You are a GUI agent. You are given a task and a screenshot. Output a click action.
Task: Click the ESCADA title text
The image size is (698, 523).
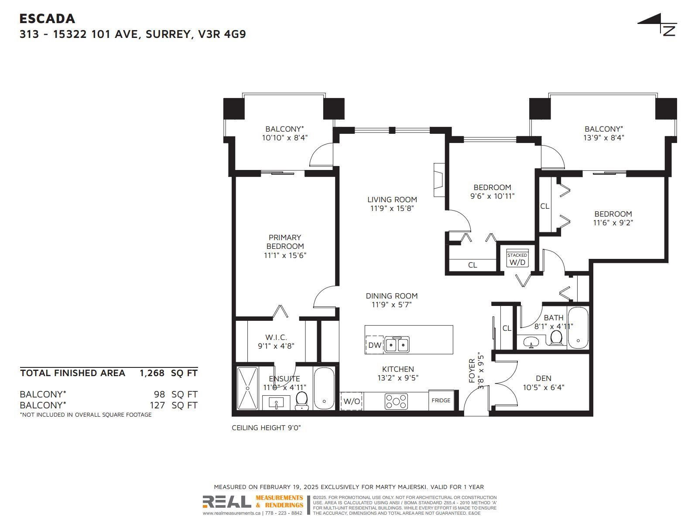[48, 19]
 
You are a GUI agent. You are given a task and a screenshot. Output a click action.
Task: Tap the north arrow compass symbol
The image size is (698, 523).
[659, 24]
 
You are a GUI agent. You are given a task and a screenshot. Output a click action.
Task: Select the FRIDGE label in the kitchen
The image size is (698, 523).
[441, 401]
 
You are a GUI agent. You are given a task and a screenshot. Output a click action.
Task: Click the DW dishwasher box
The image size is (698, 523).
[375, 345]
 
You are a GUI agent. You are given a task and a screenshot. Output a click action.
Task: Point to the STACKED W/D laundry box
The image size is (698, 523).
[517, 258]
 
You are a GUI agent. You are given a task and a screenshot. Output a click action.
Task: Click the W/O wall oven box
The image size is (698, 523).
[352, 401]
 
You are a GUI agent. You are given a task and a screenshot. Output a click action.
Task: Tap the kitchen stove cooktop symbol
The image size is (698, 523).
[396, 401]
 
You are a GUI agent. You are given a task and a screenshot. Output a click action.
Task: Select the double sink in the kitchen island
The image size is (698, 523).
[397, 344]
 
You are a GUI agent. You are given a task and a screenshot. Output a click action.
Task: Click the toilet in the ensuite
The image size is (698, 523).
[301, 401]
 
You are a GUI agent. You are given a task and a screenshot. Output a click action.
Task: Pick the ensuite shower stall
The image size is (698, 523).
[247, 388]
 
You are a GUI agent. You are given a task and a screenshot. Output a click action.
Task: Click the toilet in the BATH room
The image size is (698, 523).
[556, 337]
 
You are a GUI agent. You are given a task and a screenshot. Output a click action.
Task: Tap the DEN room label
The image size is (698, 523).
[544, 378]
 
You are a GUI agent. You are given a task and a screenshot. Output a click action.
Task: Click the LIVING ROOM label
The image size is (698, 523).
[392, 200]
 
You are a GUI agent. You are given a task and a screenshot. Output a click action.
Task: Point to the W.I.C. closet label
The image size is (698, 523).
[276, 337]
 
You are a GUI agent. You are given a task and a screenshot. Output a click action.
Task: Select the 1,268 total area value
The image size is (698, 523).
[152, 373]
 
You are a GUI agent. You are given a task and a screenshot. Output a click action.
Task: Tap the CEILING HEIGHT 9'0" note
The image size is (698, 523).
[266, 428]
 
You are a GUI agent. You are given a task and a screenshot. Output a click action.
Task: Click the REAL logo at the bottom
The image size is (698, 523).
[227, 502]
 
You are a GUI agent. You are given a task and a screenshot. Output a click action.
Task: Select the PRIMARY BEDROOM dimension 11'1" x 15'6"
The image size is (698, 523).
[285, 255]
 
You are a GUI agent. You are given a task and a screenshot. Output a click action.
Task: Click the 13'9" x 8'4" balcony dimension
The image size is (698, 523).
[604, 138]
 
